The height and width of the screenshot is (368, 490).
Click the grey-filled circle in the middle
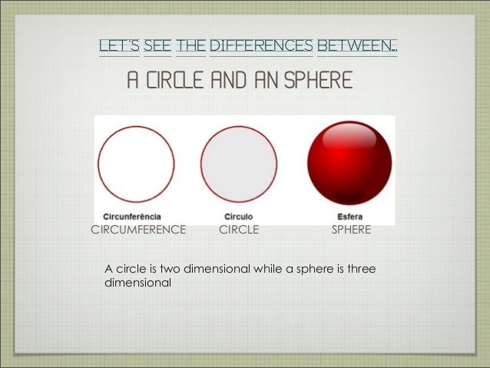[239, 164]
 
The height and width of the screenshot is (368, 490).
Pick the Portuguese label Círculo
[239, 217]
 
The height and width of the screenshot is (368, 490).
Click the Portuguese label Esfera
[349, 217]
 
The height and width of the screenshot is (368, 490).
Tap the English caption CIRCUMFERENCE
[139, 229]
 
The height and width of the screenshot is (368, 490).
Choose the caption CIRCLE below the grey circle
[239, 229]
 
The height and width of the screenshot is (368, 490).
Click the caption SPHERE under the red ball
[351, 229]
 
